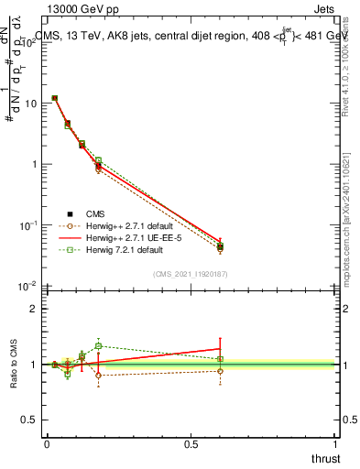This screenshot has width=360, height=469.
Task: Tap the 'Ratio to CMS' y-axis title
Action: point(14,365)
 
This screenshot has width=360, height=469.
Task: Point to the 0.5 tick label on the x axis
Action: point(191,444)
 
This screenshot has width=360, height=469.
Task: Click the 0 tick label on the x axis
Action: point(47,444)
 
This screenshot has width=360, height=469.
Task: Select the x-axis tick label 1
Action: point(335,444)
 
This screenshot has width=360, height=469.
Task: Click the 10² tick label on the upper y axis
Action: point(30,42)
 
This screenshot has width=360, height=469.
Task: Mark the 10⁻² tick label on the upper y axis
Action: point(30,286)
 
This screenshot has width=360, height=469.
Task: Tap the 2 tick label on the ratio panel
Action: point(34,309)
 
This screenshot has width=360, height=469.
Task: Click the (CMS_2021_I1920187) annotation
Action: point(190,274)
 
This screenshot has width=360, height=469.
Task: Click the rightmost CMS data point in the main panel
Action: point(220,247)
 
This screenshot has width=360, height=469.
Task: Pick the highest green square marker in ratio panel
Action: point(99,346)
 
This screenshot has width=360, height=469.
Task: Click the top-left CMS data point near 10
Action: point(55,98)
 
